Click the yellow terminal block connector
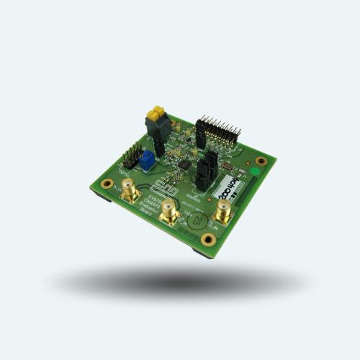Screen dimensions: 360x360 (156, 113)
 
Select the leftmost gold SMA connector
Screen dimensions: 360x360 (130, 192)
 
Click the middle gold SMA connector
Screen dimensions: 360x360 (169, 212)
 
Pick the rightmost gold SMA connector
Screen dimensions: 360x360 (223, 213)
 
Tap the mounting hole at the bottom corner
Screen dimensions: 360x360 (208, 239)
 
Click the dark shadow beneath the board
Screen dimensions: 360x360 (180, 281)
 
